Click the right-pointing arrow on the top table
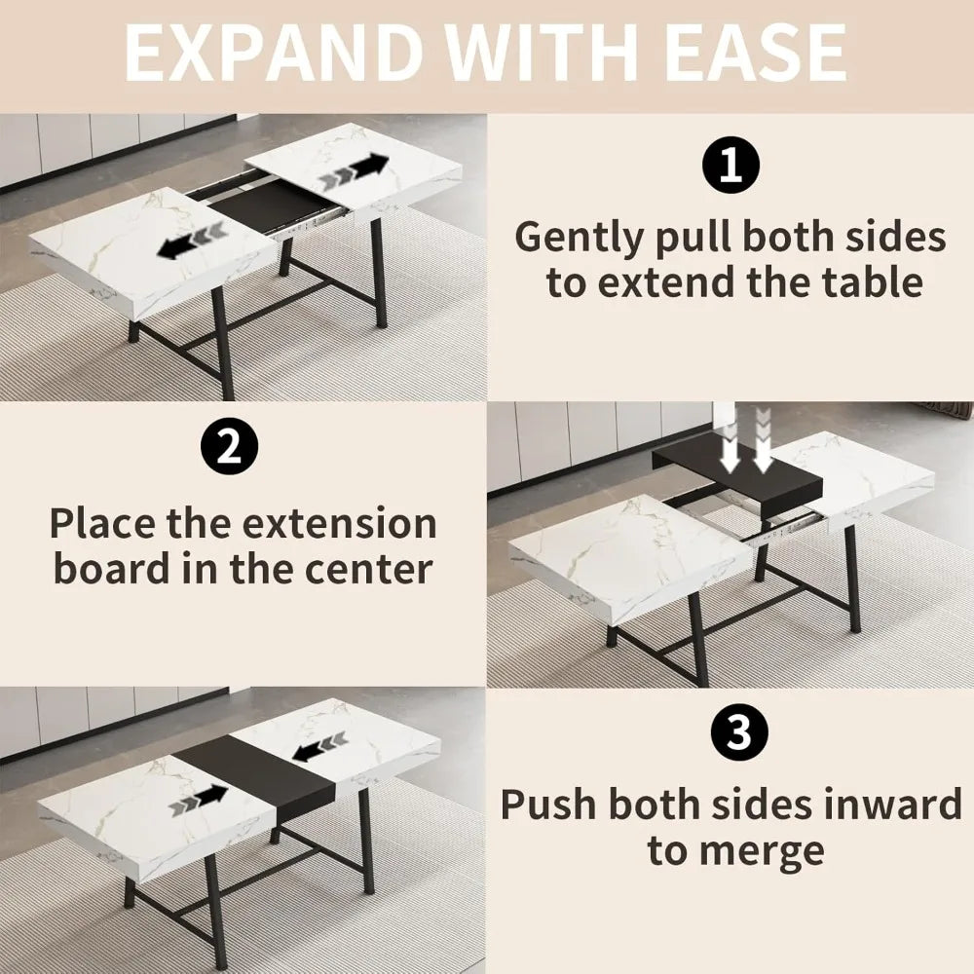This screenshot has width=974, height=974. tap(355, 172)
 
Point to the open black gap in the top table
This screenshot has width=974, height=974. tap(263, 207)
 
